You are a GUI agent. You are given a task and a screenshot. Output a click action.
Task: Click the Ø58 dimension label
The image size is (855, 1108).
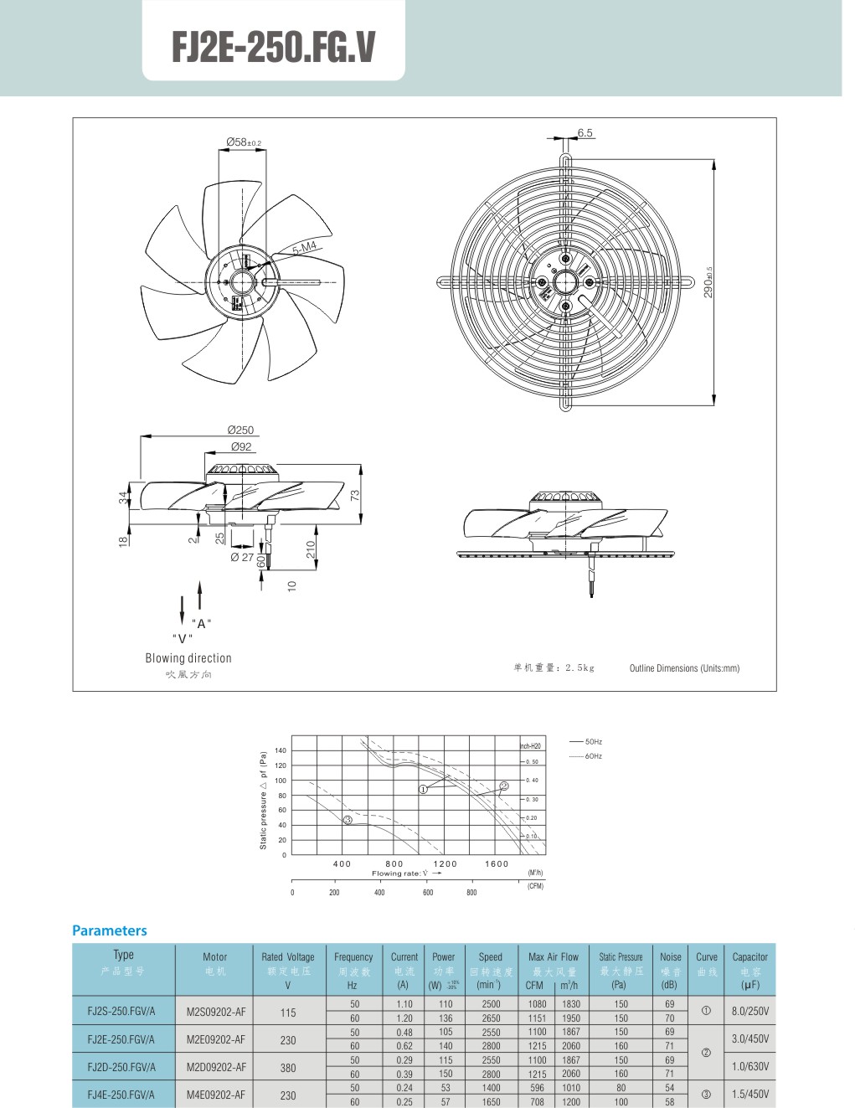[x=243, y=142]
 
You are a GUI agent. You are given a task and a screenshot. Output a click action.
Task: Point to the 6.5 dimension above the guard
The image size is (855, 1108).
[x=585, y=133]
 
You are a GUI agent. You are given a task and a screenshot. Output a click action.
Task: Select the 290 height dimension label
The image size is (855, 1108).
[x=708, y=283]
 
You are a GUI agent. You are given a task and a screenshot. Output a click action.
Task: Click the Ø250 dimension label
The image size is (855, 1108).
[x=240, y=430]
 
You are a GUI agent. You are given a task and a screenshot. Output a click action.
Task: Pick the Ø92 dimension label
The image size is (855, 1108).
[x=241, y=446]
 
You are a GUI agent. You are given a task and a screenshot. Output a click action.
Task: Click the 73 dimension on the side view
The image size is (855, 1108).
[x=355, y=497]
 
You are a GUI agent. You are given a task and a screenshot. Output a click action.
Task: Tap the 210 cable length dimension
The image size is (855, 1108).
[x=311, y=549]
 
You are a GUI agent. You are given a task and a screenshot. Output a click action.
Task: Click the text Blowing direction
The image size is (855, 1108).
[x=188, y=658]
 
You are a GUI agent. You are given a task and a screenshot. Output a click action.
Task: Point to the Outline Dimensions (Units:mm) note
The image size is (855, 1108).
[x=684, y=668]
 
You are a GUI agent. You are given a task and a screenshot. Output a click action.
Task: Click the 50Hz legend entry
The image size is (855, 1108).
[x=593, y=742]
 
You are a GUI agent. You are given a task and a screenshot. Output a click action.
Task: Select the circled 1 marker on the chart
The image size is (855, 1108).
[x=424, y=789]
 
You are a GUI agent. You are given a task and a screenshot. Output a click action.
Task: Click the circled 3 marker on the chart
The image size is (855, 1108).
[x=348, y=820]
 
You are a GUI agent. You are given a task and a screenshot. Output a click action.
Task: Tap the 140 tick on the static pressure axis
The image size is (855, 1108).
[x=281, y=750]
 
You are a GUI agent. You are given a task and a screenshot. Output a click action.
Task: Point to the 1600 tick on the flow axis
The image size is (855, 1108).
[x=497, y=863]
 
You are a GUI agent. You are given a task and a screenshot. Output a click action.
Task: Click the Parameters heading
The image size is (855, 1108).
[x=110, y=930]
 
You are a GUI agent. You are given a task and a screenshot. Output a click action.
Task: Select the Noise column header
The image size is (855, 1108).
[x=670, y=956]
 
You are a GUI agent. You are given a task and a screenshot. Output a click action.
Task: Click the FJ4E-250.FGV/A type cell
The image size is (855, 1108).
[x=121, y=1095]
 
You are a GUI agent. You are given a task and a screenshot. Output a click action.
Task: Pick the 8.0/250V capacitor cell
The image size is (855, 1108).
[x=750, y=1011]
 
